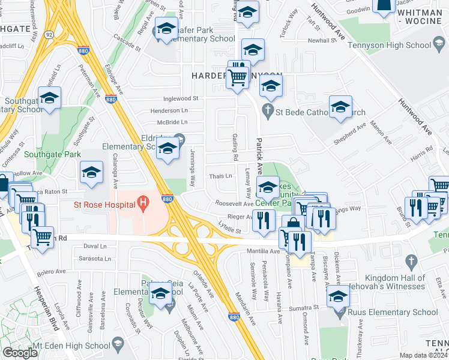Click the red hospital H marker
pyautogui.click(x=143, y=204)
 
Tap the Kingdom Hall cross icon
pyautogui.click(x=411, y=261)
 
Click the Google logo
pyautogui.click(x=20, y=353)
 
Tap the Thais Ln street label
pyautogui.click(x=220, y=176)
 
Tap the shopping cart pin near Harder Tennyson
pyautogui.click(x=237, y=77)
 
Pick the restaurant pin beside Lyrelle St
pyautogui.click(x=264, y=221)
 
